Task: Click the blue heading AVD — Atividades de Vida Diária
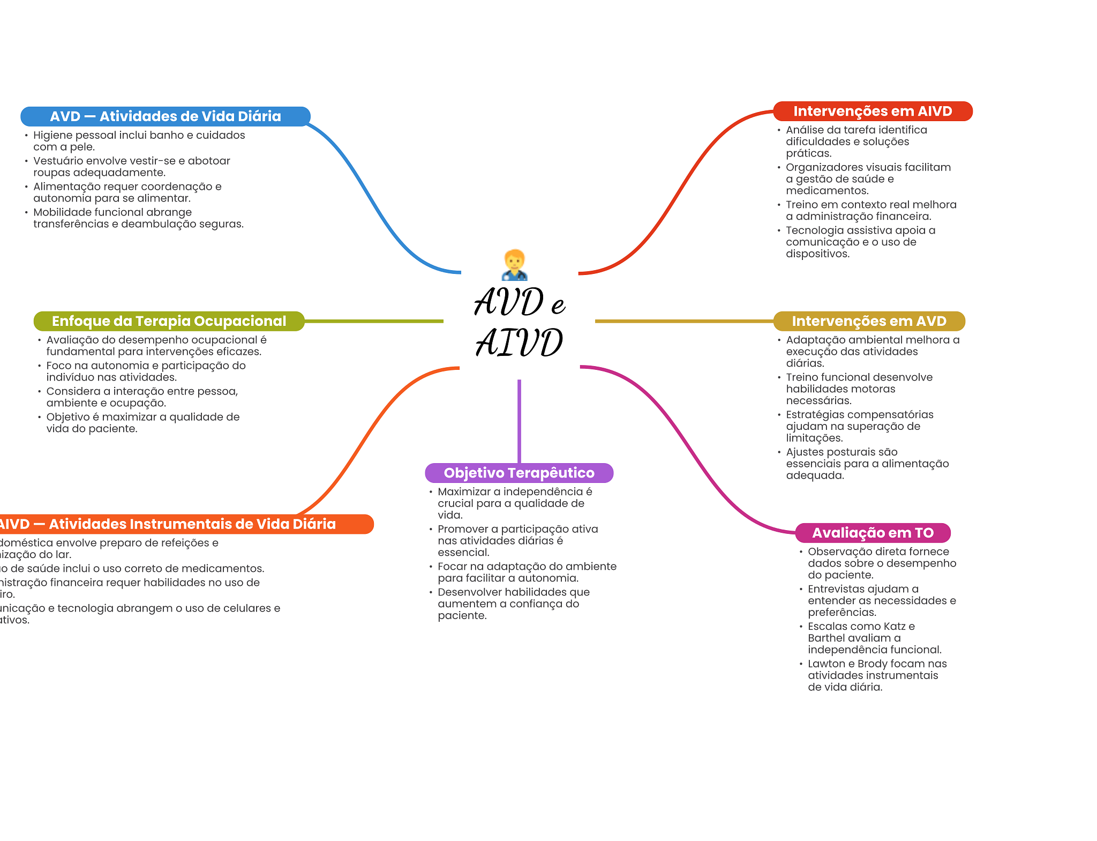165,116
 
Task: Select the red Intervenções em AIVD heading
872,111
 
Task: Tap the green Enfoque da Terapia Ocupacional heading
169,321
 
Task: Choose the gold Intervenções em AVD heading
869,321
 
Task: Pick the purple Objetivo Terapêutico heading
519,473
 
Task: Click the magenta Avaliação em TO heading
873,533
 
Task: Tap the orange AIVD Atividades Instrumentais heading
182,524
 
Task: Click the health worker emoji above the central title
515,265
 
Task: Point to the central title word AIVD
519,343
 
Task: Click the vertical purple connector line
519,421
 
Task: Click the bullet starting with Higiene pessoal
139,141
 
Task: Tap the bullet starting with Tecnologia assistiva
860,242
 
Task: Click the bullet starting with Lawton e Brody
877,675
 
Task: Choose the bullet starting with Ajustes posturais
867,464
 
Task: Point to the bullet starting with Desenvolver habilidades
513,604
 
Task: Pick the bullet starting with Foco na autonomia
146,371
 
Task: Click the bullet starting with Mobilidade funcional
138,218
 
